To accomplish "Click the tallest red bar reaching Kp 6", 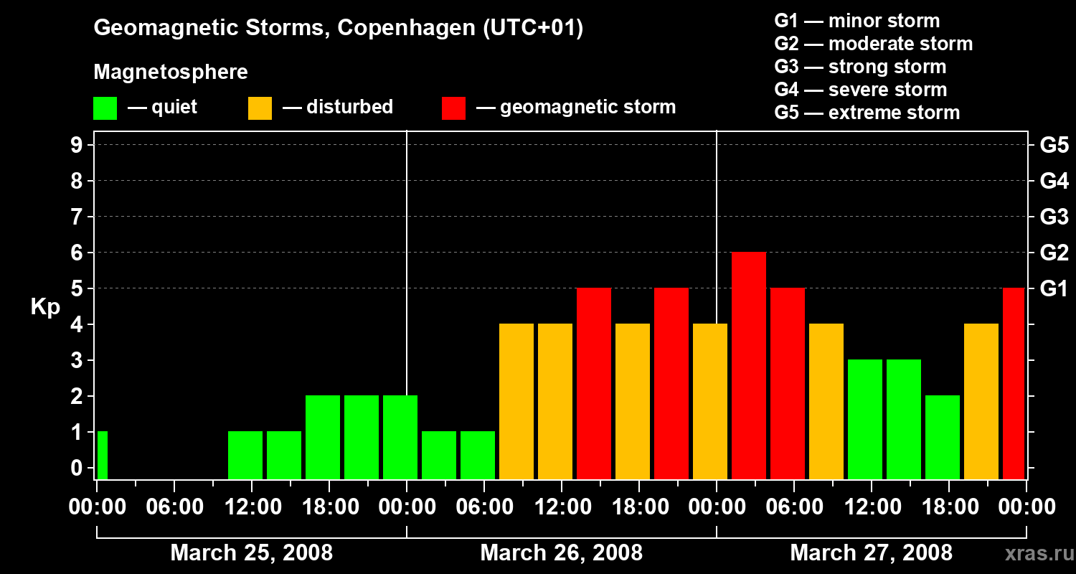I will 749,365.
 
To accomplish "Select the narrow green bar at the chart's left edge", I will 102,455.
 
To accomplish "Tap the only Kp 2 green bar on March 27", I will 943,437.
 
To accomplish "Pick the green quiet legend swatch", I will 105,108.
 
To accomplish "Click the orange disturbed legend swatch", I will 260,108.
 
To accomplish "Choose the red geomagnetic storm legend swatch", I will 453,108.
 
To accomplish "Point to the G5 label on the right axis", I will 1054,146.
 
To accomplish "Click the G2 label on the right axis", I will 1054,253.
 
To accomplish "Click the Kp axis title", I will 45,307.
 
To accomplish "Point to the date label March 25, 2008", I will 251,553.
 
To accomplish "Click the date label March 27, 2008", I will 871,553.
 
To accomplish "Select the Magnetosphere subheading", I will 171,72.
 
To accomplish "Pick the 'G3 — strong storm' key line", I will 860,67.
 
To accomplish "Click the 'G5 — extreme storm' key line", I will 867,113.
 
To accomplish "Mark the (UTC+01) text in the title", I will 533,28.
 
